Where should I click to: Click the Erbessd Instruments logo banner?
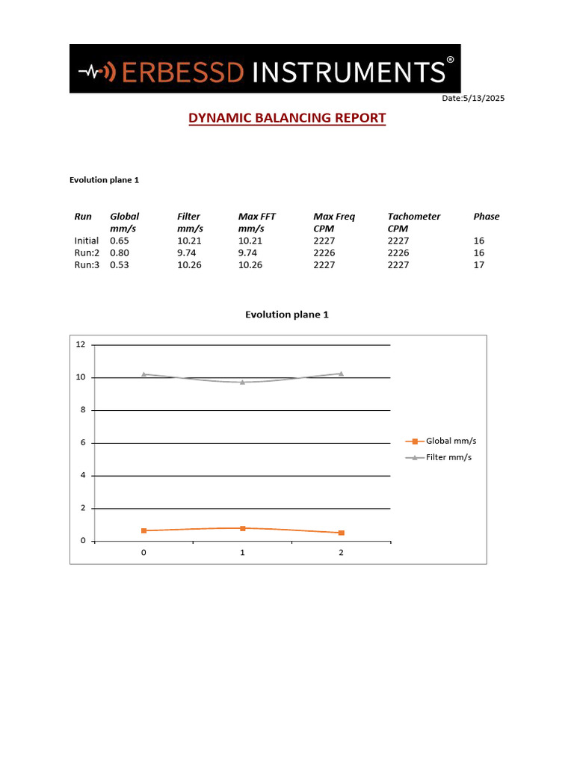pyautogui.click(x=265, y=69)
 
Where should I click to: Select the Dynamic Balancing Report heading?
pyautogui.click(x=287, y=118)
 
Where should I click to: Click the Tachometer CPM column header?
pyautogui.click(x=413, y=222)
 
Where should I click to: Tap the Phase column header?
pyautogui.click(x=486, y=217)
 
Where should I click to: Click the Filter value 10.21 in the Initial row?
pyautogui.click(x=190, y=241)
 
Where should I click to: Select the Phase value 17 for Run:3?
pyautogui.click(x=479, y=264)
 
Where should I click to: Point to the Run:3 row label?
pyautogui.click(x=87, y=264)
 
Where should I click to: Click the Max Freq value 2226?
pyautogui.click(x=324, y=253)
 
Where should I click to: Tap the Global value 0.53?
pyautogui.click(x=120, y=264)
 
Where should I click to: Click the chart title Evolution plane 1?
pyautogui.click(x=287, y=315)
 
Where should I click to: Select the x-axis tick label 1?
pyautogui.click(x=242, y=553)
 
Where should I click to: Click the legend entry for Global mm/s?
pyautogui.click(x=448, y=442)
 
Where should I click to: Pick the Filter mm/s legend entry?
pyautogui.click(x=448, y=457)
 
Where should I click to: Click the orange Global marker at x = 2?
pyautogui.click(x=342, y=533)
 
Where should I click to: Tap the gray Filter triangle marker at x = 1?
pyautogui.click(x=242, y=382)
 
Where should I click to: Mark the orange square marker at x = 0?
pyautogui.click(x=143, y=530)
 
